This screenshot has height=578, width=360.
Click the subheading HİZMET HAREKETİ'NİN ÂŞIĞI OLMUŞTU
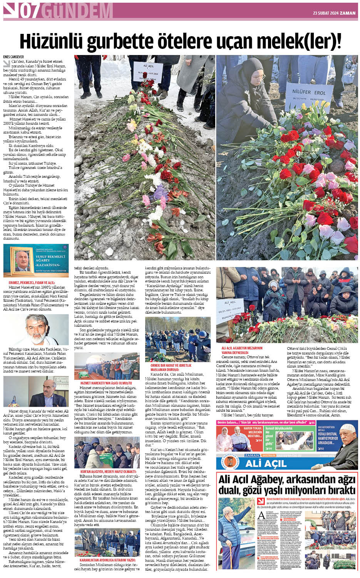coord(106,383)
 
